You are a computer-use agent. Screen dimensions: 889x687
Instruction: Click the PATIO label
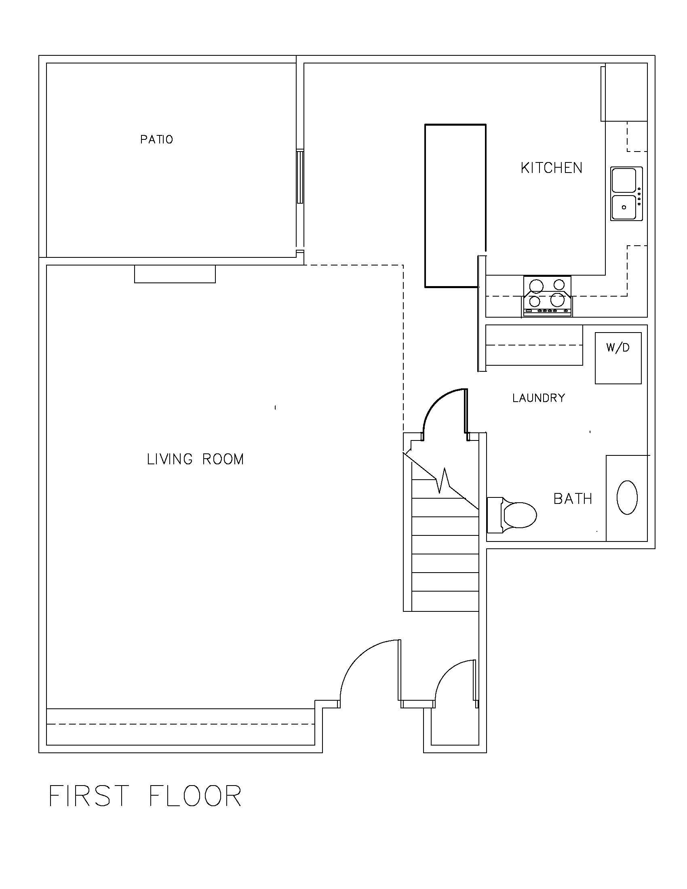point(156,140)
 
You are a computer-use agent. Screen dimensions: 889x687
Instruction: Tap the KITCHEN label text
point(551,168)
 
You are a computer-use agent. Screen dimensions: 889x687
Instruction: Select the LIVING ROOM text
point(195,459)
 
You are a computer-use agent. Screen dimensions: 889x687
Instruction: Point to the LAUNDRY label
point(538,398)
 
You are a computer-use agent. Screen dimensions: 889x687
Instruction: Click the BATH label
point(572,499)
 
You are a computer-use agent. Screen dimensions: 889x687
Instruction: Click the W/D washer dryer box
point(618,358)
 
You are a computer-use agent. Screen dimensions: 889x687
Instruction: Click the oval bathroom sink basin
point(627,497)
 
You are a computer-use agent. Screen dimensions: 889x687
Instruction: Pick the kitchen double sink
point(626,194)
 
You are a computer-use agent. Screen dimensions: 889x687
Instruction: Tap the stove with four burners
point(548,296)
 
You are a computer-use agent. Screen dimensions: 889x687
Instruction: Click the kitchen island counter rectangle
point(455,206)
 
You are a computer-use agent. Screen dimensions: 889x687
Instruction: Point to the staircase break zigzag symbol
point(444,480)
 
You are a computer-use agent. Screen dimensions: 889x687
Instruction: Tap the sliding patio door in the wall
point(300,177)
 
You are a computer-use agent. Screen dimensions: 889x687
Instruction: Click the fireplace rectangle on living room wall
point(175,274)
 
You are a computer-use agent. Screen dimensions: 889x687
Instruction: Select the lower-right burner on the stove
point(557,300)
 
